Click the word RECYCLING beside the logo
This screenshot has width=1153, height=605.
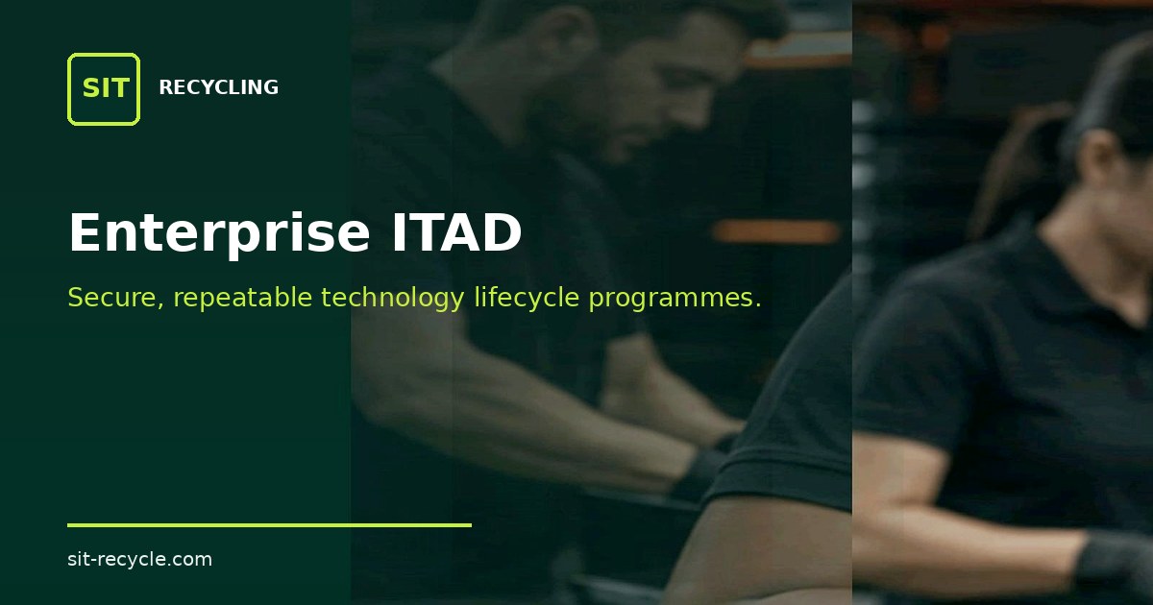[219, 87]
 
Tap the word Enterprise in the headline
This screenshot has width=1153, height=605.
[219, 233]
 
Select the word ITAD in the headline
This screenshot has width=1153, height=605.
[456, 232]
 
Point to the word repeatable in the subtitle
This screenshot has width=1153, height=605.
[242, 299]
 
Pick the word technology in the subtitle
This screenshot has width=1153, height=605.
[393, 299]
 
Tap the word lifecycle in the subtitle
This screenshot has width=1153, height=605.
[527, 299]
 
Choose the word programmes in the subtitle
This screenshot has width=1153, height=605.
[675, 299]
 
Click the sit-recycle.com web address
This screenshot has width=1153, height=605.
[139, 559]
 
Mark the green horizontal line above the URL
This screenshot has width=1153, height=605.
[269, 525]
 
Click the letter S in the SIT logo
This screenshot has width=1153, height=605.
[90, 88]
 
